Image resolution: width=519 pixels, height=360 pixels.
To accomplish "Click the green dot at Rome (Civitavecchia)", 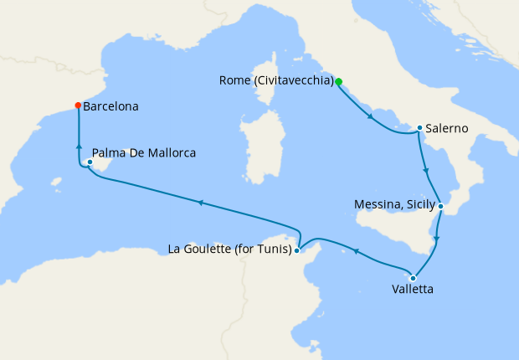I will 339,81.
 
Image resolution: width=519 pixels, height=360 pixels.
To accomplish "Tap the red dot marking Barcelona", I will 78,105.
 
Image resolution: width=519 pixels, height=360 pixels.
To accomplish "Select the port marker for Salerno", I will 419,128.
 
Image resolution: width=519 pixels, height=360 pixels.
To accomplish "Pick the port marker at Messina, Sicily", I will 440,205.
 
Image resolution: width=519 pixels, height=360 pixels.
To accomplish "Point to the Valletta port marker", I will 413,278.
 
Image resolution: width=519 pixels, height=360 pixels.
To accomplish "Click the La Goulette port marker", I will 296,249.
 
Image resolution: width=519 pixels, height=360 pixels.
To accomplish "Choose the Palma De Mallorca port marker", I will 89,162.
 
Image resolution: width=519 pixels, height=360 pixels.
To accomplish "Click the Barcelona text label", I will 111,107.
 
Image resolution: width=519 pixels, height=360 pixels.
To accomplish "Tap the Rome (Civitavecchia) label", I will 275,81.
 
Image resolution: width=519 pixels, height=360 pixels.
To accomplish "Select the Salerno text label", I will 446,129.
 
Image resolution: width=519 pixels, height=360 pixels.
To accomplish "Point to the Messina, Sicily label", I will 394,203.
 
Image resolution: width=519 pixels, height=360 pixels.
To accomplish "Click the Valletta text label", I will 413,291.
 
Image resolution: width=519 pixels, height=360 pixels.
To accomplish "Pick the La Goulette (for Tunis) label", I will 229,249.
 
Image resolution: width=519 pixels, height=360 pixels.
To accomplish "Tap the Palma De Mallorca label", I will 144,154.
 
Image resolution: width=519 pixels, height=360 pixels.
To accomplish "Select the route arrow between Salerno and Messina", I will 428,172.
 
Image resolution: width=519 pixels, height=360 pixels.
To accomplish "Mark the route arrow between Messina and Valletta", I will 436,239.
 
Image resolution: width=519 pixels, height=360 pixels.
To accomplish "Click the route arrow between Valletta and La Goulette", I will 356,250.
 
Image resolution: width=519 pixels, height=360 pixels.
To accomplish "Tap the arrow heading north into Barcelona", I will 78,147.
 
